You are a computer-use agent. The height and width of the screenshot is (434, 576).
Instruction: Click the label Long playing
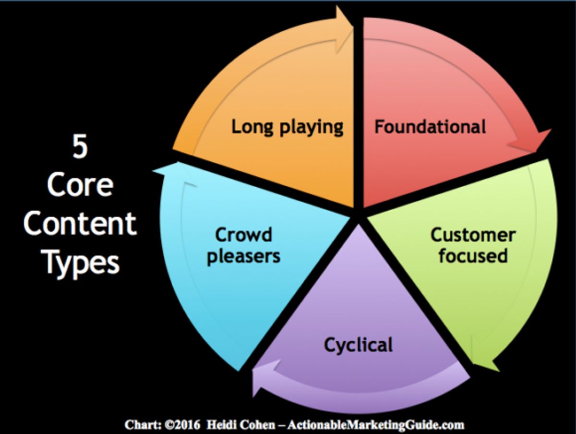[x=287, y=127]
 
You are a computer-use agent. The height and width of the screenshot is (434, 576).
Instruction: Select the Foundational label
[x=430, y=127]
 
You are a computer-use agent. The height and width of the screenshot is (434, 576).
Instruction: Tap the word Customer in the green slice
[x=473, y=235]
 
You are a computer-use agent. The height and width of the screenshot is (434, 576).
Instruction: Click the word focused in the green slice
[x=473, y=255]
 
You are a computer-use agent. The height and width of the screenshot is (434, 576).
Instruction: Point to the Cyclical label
[x=358, y=345]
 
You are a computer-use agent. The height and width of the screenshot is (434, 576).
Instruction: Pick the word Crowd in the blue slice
[x=243, y=235]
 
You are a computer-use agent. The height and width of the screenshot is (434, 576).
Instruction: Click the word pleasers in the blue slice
[x=243, y=256]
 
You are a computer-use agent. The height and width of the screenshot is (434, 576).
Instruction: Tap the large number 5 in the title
[x=80, y=147]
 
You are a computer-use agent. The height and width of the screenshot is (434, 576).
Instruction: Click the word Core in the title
[x=80, y=185]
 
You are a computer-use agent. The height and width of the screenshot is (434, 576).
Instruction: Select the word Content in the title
[x=80, y=224]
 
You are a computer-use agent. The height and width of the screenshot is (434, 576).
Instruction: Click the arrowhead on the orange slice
[x=344, y=29]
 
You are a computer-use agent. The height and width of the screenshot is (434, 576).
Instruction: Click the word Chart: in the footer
[x=141, y=425]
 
